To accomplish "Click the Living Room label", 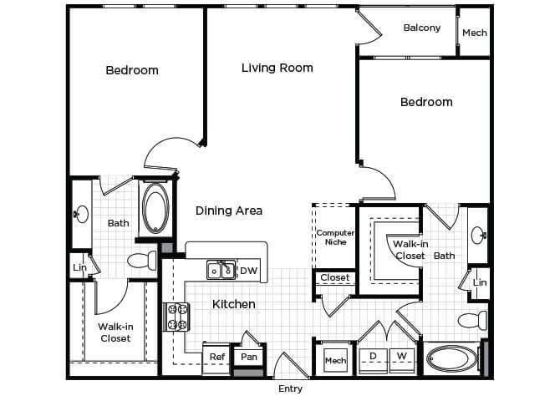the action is pos(277,68).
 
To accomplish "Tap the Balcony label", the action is pos(422,28).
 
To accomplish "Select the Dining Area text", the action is pos(229,211).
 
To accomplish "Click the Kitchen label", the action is pos(234,304).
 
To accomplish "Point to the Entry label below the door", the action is pos(290,388).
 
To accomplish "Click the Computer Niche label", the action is pos(335,237).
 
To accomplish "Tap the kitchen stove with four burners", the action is pos(177,317).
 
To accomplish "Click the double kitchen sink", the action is pos(221,270).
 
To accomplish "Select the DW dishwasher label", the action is pos(248,271).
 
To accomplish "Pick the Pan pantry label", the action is pos(249,357).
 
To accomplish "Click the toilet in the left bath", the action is pos(142,261).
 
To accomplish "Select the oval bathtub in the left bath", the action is pos(155,207).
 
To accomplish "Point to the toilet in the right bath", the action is pos(472,320).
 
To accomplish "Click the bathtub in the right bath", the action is pos(452,358).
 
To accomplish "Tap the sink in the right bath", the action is pos(478,236).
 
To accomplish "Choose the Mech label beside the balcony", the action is pos(475,33).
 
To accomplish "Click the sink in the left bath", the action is pos(82,214).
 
